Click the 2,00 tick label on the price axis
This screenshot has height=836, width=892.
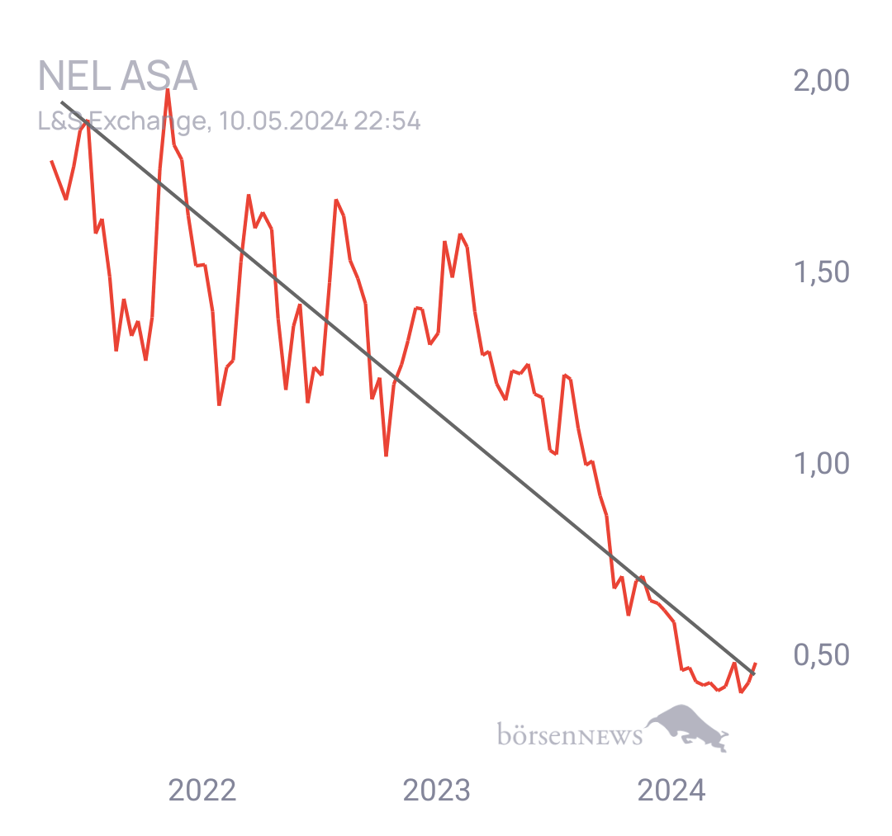coord(822,80)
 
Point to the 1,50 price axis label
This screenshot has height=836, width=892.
coord(822,272)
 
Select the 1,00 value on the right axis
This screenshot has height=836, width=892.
coord(822,463)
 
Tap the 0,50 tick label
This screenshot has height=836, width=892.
coord(822,654)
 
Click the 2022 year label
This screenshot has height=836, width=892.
coord(202,790)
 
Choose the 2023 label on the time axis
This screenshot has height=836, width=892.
coord(436,790)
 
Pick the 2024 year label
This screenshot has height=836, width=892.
coord(671,790)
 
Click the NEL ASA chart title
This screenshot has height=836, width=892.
coord(117,76)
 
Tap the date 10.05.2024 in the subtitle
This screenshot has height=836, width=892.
coord(283,121)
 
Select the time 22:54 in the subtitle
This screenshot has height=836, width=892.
coord(387,121)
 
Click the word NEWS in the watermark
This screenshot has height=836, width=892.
coord(610,736)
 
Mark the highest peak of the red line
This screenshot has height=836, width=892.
coord(168,91)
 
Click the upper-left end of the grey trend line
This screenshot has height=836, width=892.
coord(62,102)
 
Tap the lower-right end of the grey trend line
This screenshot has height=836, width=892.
coord(754,674)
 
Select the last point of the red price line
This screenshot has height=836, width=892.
coord(756,664)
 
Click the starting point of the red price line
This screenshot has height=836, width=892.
coord(52,162)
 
